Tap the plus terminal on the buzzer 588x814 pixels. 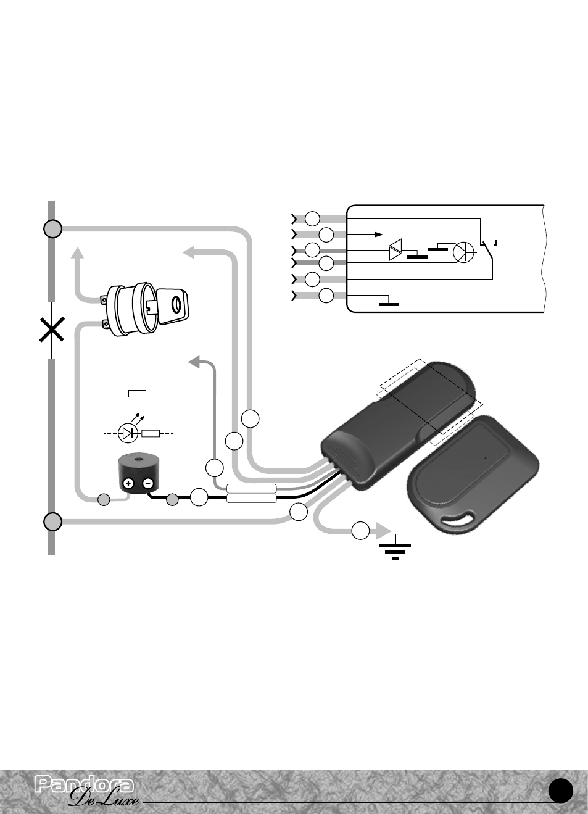pyautogui.click(x=129, y=483)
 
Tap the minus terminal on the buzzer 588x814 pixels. pyautogui.click(x=148, y=483)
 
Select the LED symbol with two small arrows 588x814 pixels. pyautogui.click(x=128, y=430)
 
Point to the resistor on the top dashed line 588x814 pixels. pyautogui.click(x=138, y=394)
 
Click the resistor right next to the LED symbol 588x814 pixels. pyautogui.click(x=151, y=433)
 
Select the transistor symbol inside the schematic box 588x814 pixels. pyautogui.click(x=464, y=252)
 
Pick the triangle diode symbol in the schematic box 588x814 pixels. pyautogui.click(x=395, y=250)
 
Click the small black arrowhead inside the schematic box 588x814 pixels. pyautogui.click(x=379, y=235)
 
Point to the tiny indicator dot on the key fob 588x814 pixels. pyautogui.click(x=486, y=458)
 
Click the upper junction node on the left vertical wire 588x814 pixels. pyautogui.click(x=52, y=229)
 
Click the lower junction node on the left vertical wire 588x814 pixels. pyautogui.click(x=52, y=522)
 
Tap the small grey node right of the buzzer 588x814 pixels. pyautogui.click(x=172, y=500)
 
